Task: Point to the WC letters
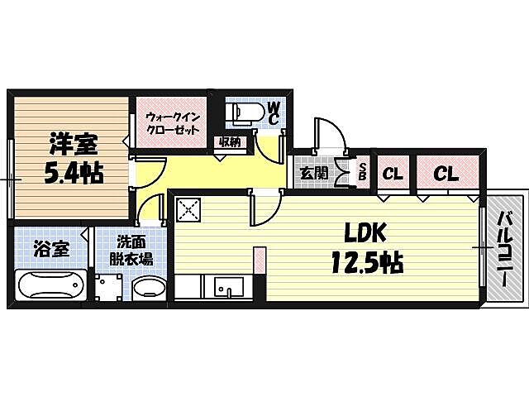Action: (x=274, y=113)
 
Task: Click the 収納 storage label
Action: (x=230, y=141)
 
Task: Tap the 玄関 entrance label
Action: (x=313, y=174)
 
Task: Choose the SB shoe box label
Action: (x=362, y=174)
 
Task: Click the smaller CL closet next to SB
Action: (x=393, y=175)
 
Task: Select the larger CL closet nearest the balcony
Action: (x=446, y=175)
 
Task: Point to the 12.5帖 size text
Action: (x=367, y=265)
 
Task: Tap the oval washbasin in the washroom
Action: (x=150, y=289)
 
